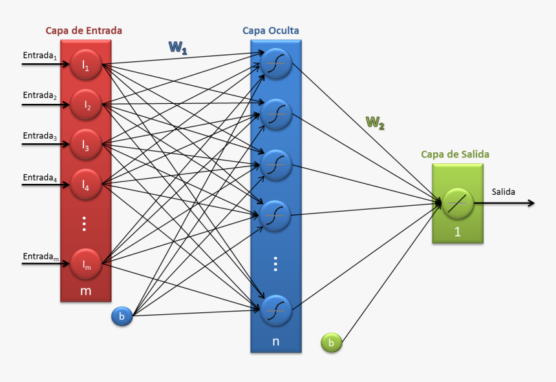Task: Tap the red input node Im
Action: tap(85, 263)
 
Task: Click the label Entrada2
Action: tap(40, 95)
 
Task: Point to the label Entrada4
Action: tap(40, 177)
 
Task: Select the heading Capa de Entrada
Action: tap(83, 30)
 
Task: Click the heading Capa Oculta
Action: tap(271, 30)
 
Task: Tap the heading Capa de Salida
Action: tap(455, 154)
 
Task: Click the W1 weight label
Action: tap(178, 47)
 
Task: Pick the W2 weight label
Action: tap(374, 122)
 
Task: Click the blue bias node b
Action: tap(122, 316)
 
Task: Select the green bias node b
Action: tap(331, 343)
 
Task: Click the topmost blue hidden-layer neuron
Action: tap(276, 63)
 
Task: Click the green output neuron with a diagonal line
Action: tap(458, 203)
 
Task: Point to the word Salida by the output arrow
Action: tap(504, 192)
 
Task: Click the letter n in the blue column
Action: tap(276, 341)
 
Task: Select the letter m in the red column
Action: tap(85, 291)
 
